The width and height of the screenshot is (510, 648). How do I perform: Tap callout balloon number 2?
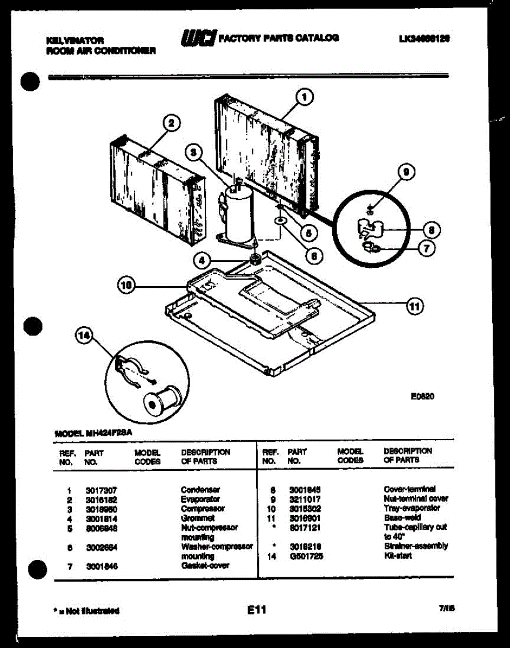point(171,124)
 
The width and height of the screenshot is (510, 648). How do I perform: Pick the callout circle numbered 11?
point(414,306)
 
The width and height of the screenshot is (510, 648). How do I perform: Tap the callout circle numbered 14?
point(84,337)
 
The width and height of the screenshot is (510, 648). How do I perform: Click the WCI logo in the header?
point(198,38)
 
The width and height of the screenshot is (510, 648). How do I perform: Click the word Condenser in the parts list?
point(200,489)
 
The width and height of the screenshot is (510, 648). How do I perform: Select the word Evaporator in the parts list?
point(200,499)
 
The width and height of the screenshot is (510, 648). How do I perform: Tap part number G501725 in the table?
point(306,556)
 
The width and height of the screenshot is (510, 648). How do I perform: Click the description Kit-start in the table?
point(398,556)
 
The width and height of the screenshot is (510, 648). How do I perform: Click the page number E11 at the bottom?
point(257,610)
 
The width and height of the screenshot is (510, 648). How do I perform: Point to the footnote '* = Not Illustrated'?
point(86,611)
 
